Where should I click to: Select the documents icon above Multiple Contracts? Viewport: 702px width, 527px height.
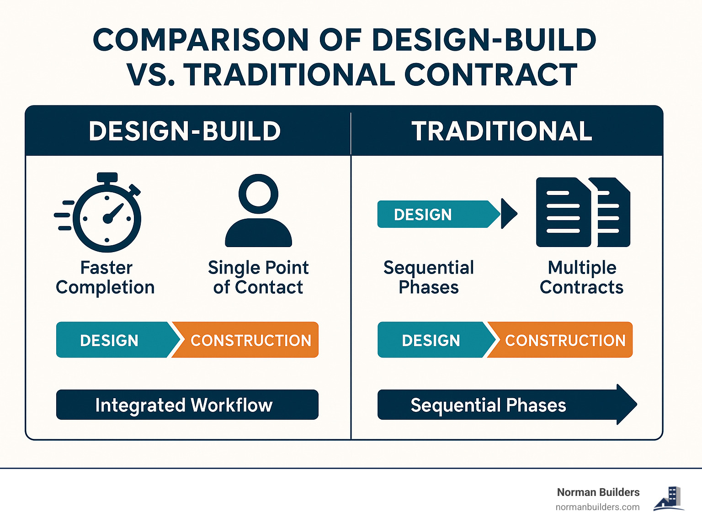pos(583,212)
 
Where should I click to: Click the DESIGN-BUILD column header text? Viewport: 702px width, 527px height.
pos(185,131)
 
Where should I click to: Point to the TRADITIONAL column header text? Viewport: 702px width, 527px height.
pos(501,131)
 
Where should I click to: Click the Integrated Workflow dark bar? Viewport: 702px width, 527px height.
pos(187,405)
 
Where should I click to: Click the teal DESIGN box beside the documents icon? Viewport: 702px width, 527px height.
pos(438,214)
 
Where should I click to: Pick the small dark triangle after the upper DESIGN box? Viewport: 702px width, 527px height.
pos(509,213)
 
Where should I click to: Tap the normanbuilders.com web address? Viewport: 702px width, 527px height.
pos(597,507)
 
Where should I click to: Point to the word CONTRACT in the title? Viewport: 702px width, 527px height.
pos(491,75)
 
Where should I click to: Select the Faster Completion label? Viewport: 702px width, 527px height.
pos(105,277)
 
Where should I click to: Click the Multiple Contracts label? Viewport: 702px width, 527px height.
pos(582,277)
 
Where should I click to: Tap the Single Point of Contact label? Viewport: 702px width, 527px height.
pos(258,277)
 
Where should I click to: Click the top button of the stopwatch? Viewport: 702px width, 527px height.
pos(107,177)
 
